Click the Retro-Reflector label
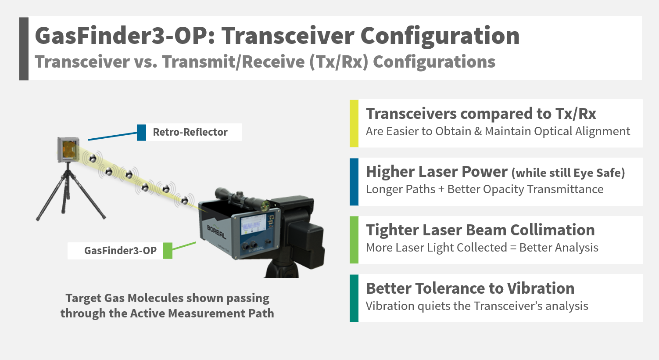pos(190,132)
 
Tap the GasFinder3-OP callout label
pos(120,251)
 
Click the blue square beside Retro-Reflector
pos(142,133)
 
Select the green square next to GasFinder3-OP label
pos(168,251)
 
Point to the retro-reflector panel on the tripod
pos(68,150)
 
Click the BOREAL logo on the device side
pos(216,232)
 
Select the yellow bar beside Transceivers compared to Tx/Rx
pos(354,123)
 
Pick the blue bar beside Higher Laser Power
pos(354,182)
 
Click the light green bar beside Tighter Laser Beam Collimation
pos(354,240)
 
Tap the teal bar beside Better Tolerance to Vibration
pos(354,298)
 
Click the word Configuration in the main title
pos(440,36)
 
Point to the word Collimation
pos(552,230)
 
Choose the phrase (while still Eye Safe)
pos(568,173)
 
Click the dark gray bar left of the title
pos(24,49)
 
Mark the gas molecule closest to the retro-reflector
pos(93,159)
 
